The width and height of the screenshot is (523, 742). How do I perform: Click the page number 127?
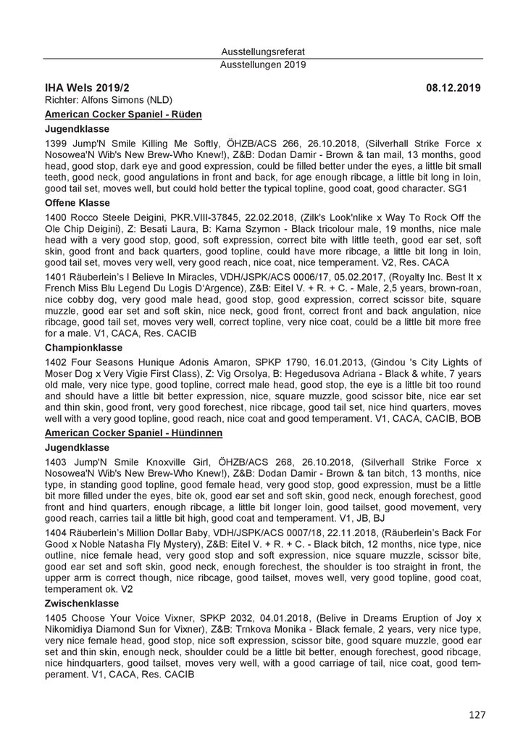[476, 714]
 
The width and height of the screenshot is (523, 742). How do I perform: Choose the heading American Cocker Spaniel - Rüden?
[123, 114]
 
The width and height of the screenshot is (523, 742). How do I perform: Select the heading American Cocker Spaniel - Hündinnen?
[134, 433]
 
